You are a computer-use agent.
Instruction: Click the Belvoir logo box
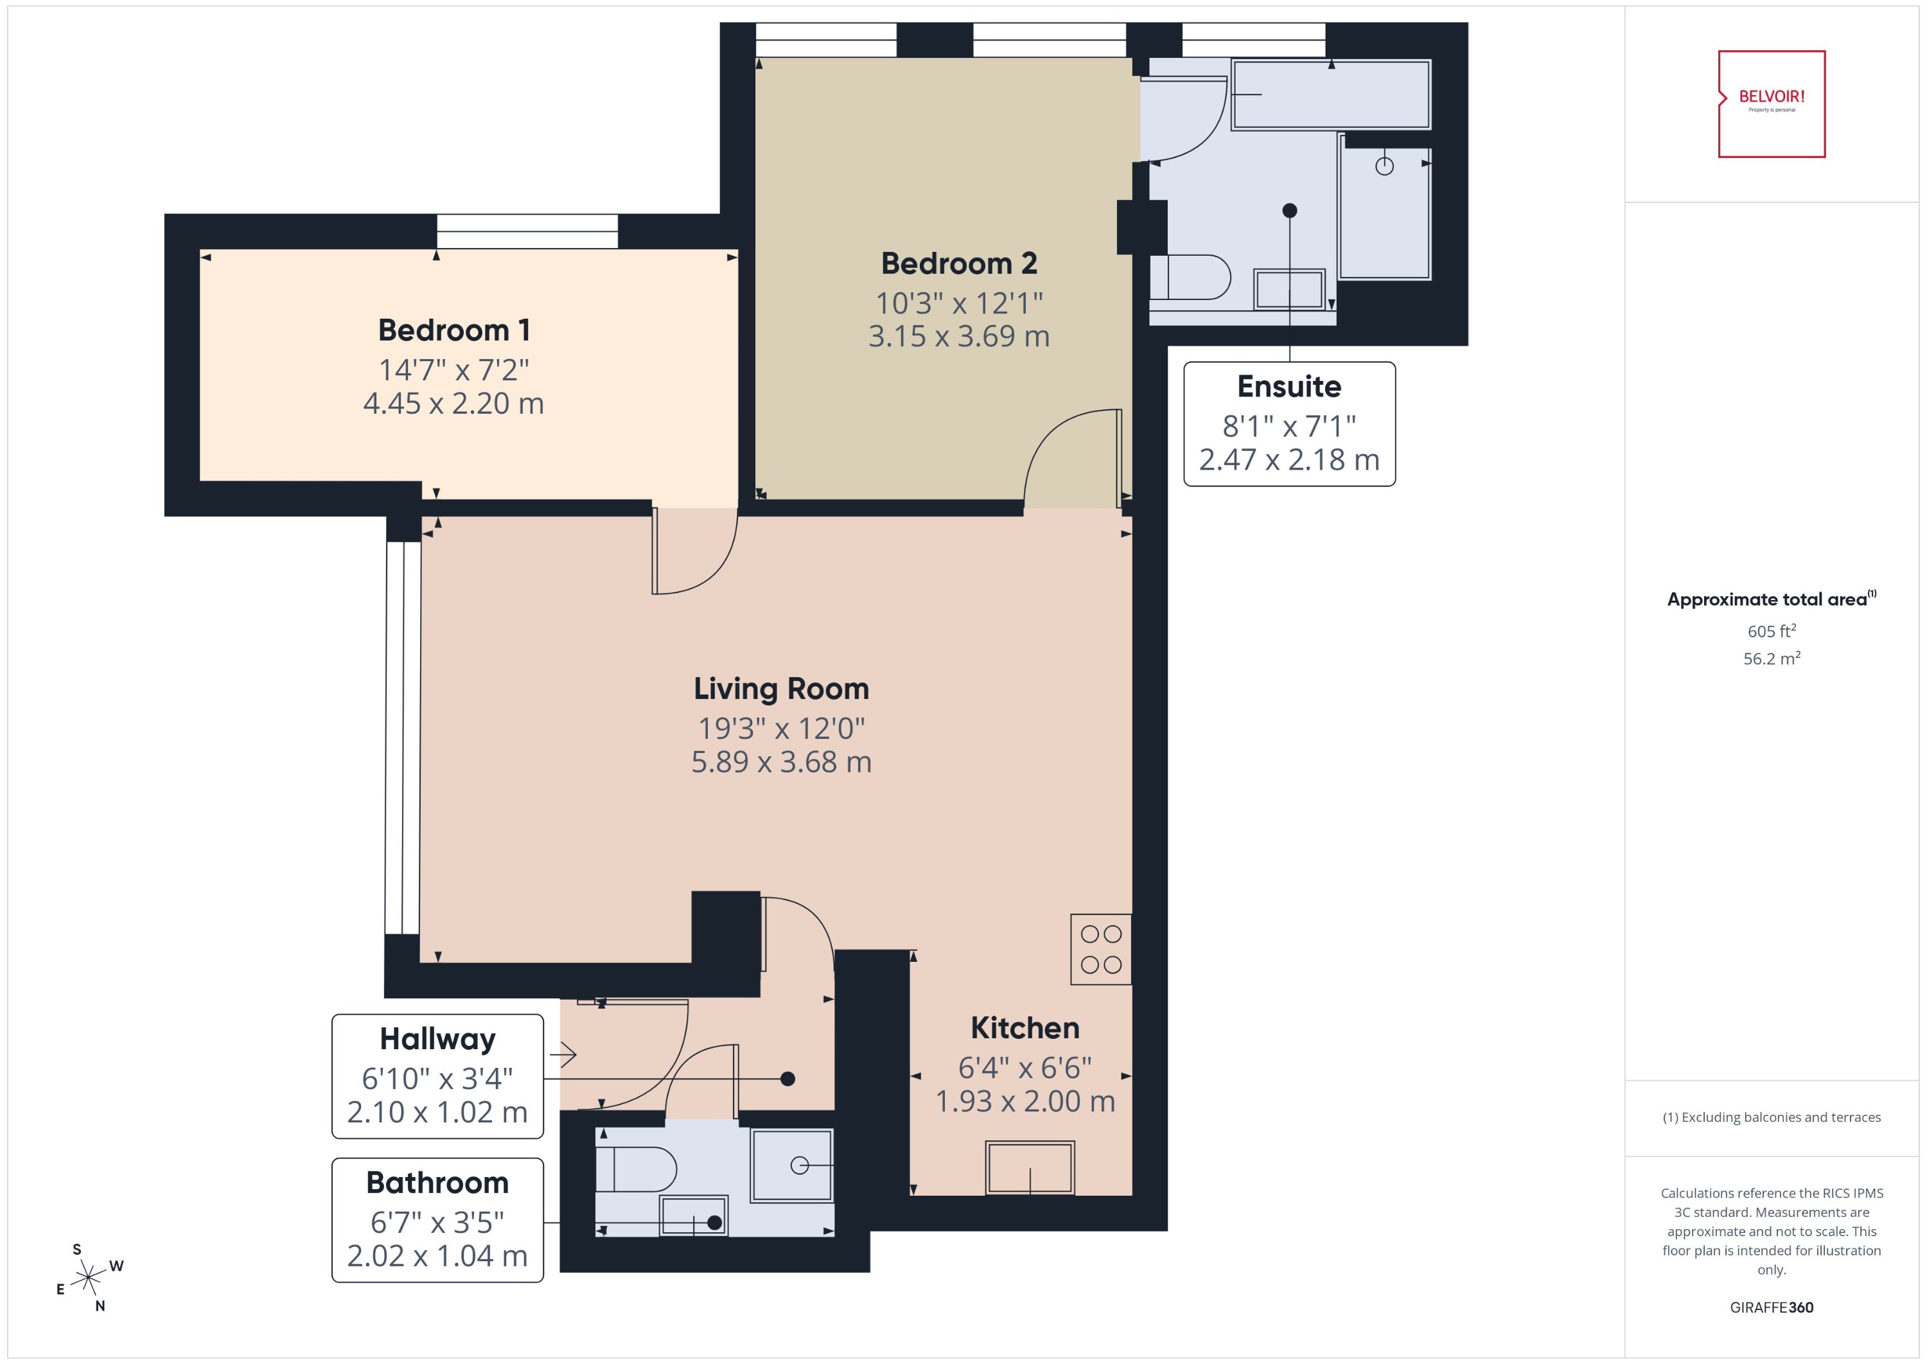coord(1771,103)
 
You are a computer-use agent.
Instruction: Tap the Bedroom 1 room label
coord(453,330)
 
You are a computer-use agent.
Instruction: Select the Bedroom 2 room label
coord(958,263)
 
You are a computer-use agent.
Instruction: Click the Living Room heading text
coord(781,689)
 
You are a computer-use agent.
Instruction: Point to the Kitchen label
coord(1025,1028)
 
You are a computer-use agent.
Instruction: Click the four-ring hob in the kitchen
coord(1101,949)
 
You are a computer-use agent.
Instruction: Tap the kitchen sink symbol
coord(1030,1167)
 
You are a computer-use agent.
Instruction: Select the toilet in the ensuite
coord(1188,277)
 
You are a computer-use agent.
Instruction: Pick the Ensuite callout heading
coord(1289,386)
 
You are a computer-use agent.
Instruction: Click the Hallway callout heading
coord(437,1039)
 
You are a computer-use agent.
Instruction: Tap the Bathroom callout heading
coord(437,1183)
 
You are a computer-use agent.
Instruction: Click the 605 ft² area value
coord(1771,631)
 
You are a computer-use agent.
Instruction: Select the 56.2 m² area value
coord(1771,659)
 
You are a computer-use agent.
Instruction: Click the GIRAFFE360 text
coord(1771,1307)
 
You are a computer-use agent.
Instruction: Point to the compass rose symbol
coord(88,1279)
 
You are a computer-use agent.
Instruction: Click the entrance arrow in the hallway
coord(563,1054)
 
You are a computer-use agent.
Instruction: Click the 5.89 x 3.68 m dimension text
coord(781,762)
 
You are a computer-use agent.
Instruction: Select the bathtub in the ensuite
coord(1330,94)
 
